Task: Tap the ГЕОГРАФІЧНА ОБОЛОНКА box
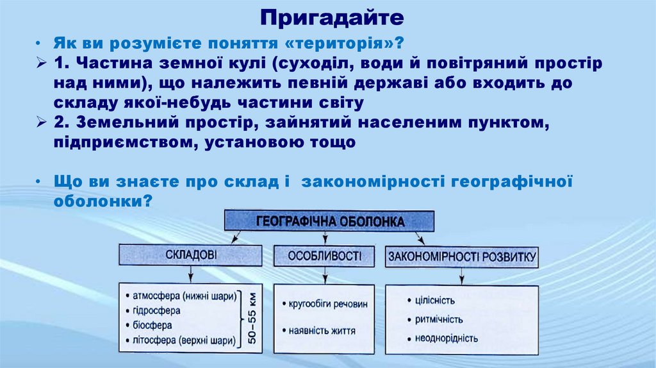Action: pos(329,222)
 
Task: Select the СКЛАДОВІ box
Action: pos(190,256)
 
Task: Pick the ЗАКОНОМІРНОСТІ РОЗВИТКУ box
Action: pos(461,256)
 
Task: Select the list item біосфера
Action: pos(154,324)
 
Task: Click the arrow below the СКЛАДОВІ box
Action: pos(190,275)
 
